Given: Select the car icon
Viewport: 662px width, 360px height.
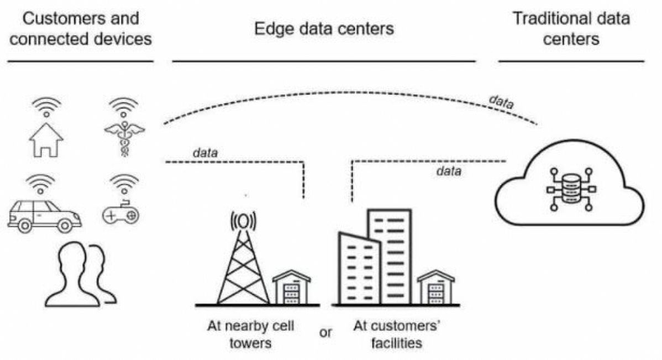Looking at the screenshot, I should point(44,215).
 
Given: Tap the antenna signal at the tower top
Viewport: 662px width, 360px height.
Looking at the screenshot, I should point(243,221).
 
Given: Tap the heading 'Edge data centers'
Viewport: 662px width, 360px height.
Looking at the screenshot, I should point(324,29).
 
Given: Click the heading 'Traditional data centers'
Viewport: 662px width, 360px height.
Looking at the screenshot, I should point(571,29).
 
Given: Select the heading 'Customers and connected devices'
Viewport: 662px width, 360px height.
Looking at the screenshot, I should point(81,29).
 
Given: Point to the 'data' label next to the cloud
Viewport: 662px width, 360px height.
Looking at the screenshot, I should point(448,171).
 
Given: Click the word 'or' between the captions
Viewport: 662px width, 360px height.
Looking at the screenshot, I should point(326,333).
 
